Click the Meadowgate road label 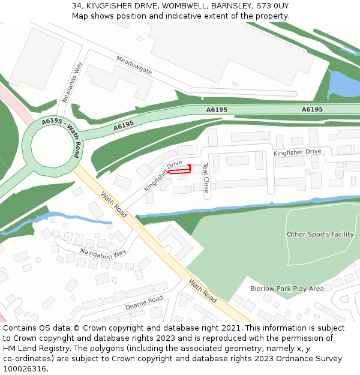[x=134, y=66]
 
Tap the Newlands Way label [x=71, y=82]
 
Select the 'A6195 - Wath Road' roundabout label [x=62, y=137]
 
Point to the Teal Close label [x=206, y=178]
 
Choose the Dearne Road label [x=144, y=302]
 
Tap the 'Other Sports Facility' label [x=320, y=234]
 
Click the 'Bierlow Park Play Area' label [x=287, y=289]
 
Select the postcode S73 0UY [x=272, y=5]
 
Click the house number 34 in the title [x=76, y=5]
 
